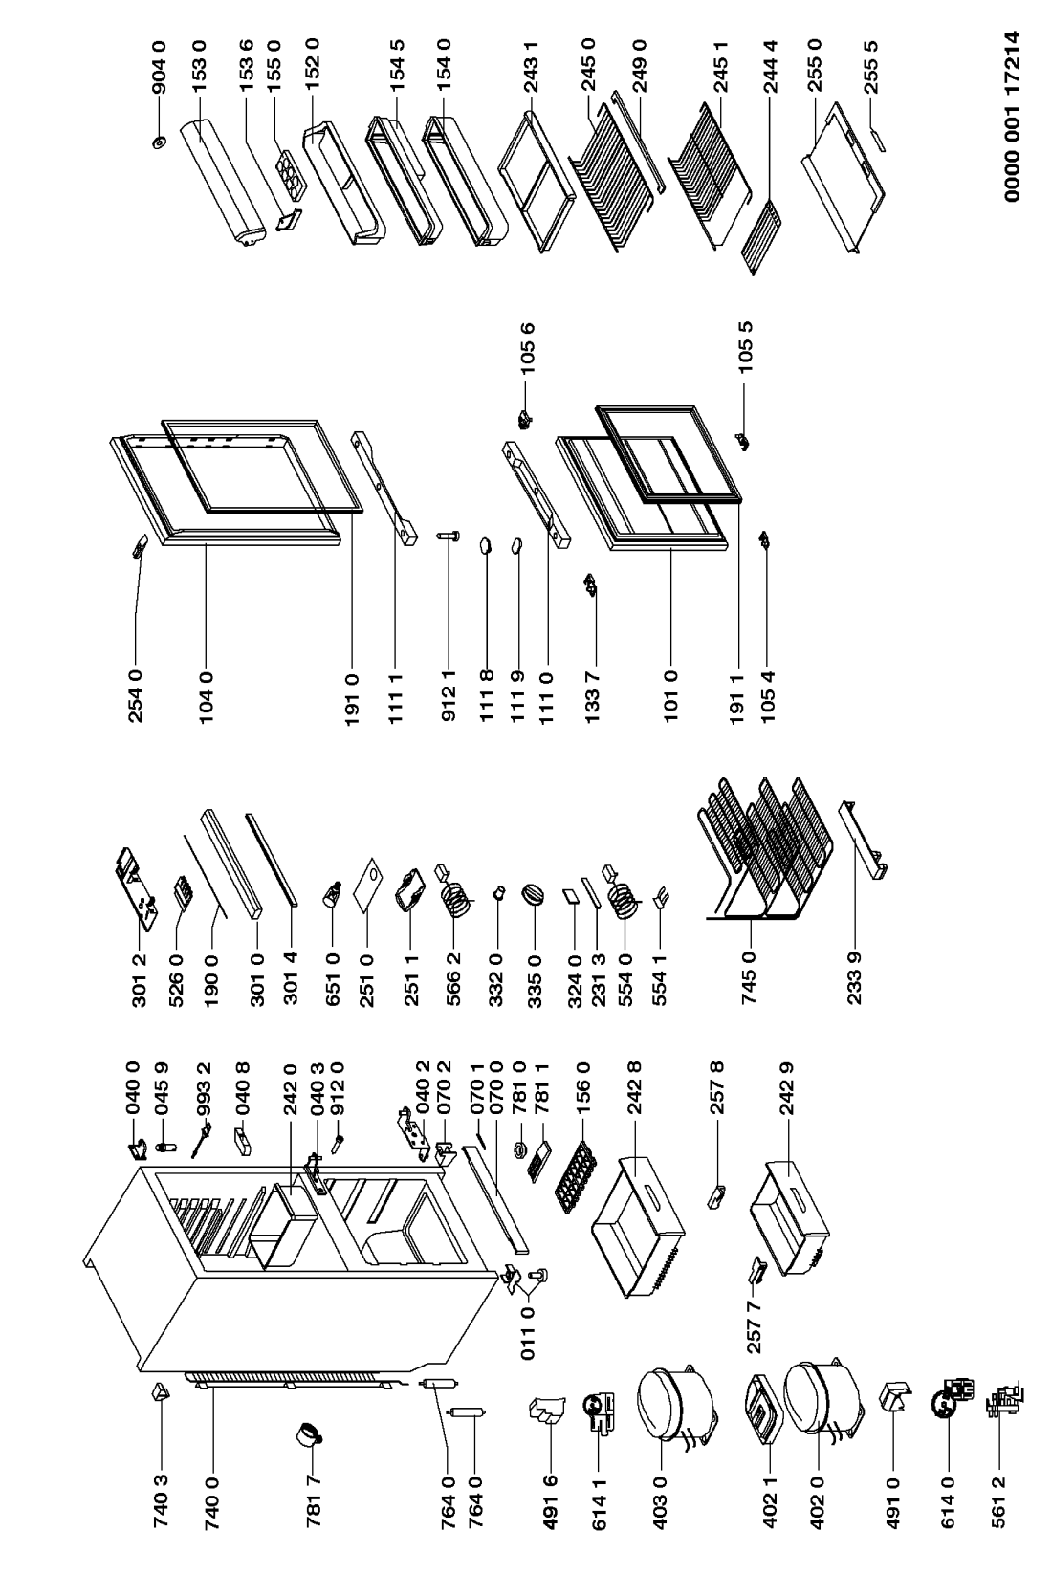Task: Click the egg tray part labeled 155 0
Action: tap(287, 173)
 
